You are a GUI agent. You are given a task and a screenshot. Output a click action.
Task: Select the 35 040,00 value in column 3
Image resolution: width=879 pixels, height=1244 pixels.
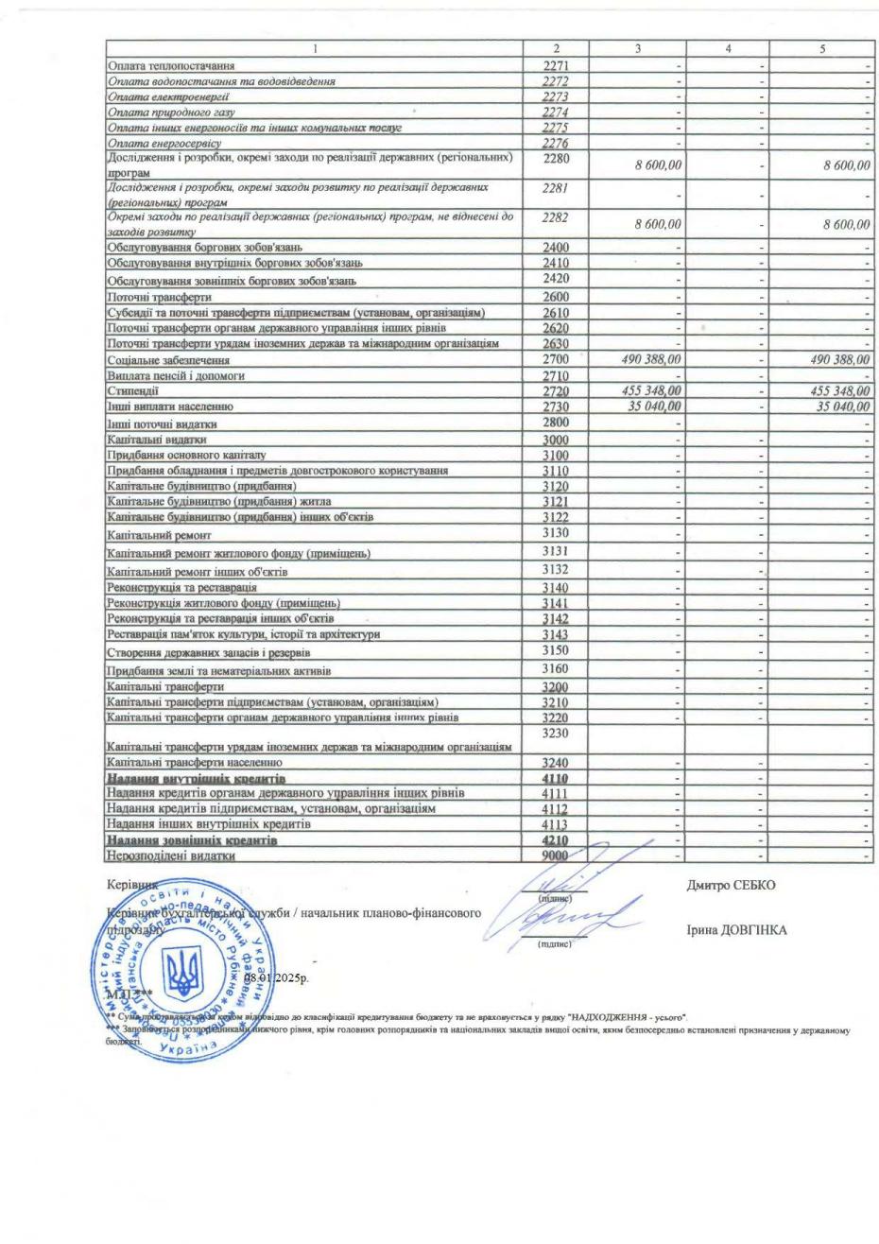[651, 406]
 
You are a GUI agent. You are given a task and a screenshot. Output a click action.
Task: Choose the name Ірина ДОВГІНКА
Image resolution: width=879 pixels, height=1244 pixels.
[737, 930]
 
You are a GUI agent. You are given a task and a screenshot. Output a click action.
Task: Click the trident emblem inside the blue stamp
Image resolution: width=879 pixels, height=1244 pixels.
[183, 974]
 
